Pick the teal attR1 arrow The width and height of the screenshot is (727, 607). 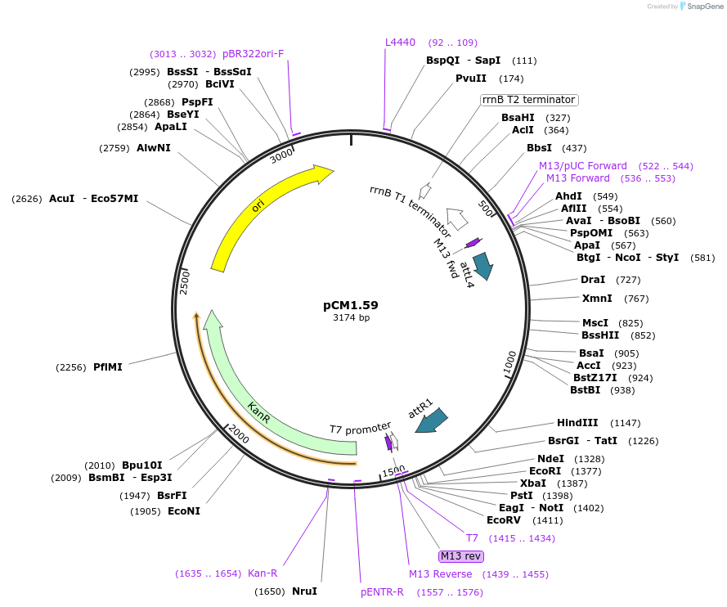431,420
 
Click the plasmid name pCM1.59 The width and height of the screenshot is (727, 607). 351,305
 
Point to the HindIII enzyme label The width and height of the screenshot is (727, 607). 577,423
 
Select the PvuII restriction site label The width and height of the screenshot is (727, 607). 471,79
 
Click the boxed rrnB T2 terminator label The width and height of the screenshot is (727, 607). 529,100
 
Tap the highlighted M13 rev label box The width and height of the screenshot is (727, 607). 461,556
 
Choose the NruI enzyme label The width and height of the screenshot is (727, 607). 304,591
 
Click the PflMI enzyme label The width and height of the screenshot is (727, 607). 107,367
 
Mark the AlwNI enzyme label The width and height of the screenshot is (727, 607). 154,148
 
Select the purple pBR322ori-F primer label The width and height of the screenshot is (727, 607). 253,54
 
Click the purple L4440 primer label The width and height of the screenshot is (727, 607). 401,43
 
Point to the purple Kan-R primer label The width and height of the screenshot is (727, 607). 263,573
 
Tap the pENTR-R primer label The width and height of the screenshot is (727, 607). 382,592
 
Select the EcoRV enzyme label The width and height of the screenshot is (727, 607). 503,519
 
